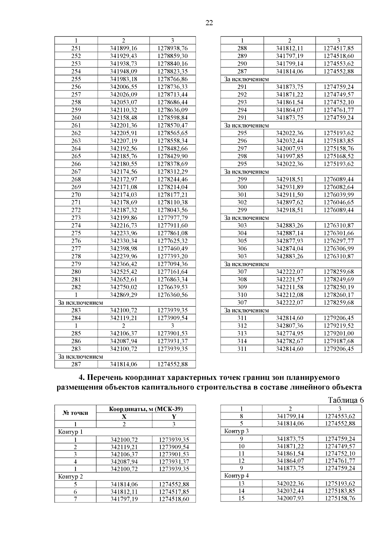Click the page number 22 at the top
point(209,23)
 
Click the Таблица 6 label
point(345,400)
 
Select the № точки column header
point(75,413)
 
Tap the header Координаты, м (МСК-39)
point(146,409)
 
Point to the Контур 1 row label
point(70,432)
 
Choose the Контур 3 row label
point(237,431)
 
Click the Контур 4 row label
point(237,476)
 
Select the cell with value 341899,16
point(124,48)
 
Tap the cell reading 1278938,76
point(173,48)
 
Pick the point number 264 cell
point(76,148)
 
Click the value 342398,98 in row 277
point(124,249)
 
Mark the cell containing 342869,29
point(124,295)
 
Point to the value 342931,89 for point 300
point(290,187)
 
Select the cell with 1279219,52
point(339,326)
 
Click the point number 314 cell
point(242,341)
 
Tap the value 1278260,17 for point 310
point(339,295)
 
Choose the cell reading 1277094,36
point(173,264)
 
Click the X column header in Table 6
point(124,416)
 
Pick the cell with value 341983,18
point(124,79)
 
